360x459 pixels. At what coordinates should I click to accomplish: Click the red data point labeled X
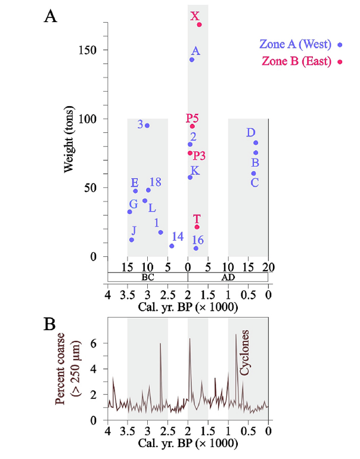199,24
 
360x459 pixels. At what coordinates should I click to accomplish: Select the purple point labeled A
192,60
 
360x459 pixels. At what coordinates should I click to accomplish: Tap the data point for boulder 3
147,125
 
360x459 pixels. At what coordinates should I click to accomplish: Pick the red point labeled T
197,227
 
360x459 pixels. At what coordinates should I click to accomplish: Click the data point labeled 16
196,248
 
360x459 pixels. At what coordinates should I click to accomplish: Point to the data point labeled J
132,240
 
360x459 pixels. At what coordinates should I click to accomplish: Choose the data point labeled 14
172,246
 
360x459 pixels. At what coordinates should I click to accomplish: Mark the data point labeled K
190,177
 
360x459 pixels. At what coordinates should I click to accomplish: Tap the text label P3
199,156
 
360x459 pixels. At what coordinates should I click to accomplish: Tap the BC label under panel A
147,277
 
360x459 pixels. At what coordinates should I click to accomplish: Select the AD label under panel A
228,277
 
